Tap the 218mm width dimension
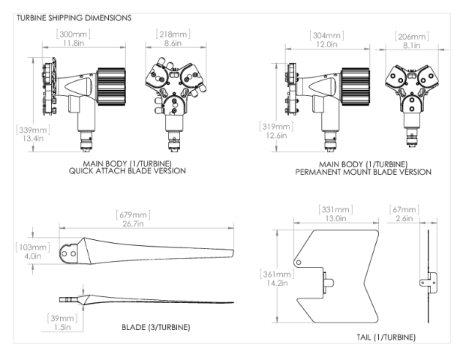click(x=173, y=34)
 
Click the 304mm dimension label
click(x=326, y=34)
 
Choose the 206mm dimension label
click(x=410, y=34)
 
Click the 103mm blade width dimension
click(x=31, y=246)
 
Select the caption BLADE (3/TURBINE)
click(x=155, y=328)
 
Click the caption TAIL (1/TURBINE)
click(x=383, y=337)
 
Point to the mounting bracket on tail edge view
click(x=427, y=282)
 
